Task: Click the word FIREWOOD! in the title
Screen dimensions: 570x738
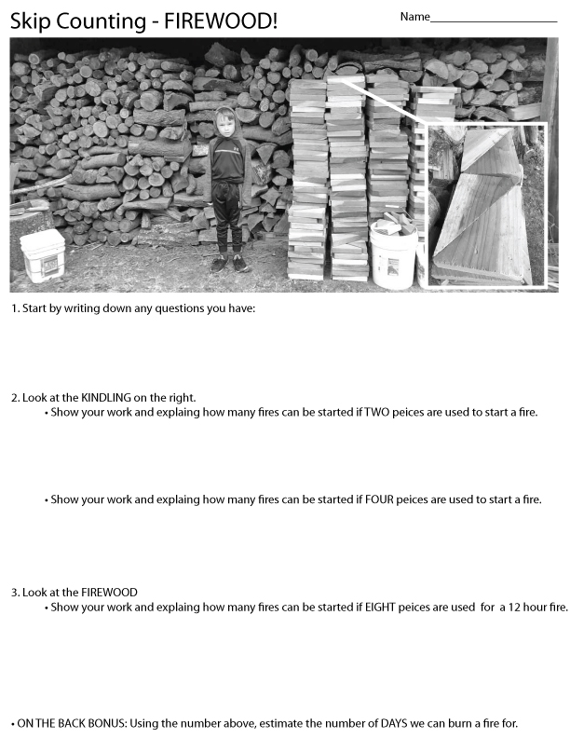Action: [x=221, y=21]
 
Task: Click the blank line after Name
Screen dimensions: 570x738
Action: [x=494, y=21]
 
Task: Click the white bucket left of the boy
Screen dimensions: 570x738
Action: [x=43, y=255]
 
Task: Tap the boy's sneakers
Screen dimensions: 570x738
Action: [x=229, y=264]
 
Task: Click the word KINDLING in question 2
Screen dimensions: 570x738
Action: [x=106, y=398]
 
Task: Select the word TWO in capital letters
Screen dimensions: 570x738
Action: [x=376, y=412]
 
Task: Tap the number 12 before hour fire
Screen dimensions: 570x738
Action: [x=514, y=608]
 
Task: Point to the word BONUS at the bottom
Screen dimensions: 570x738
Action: [x=107, y=723]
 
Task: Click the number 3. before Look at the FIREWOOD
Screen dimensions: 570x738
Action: [x=16, y=593]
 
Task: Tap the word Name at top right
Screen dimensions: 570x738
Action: [x=414, y=17]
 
